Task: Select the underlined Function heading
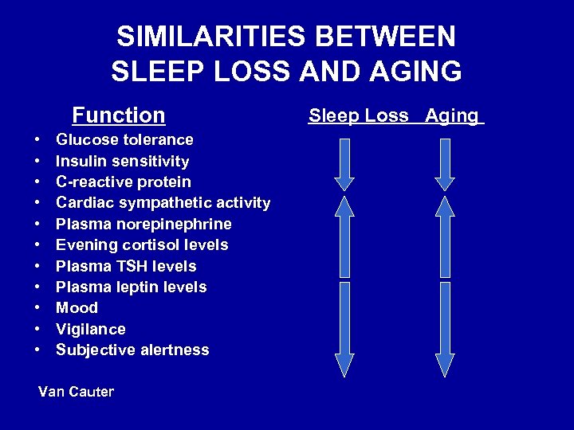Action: [118, 115]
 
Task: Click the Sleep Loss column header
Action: [359, 115]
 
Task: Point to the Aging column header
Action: [451, 115]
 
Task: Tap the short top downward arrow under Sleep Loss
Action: [344, 164]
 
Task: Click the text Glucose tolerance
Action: [124, 140]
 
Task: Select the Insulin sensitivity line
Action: [122, 162]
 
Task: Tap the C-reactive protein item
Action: [124, 182]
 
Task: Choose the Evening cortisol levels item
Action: [142, 245]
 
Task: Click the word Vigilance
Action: [91, 329]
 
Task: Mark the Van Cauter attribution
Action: [76, 392]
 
